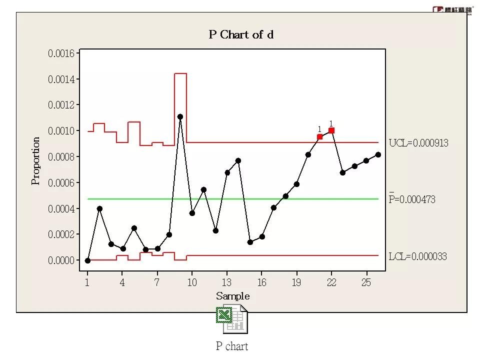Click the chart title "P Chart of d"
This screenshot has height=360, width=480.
(x=241, y=35)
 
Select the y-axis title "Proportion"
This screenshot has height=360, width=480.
(x=36, y=161)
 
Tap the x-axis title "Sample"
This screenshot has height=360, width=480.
(x=232, y=296)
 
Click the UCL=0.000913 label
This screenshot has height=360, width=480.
(x=418, y=143)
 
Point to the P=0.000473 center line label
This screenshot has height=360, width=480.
(x=412, y=199)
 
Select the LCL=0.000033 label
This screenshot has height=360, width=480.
(x=417, y=256)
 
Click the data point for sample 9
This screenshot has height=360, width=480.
(x=180, y=116)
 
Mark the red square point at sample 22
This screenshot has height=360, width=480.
(x=331, y=130)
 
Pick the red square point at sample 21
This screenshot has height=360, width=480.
(x=320, y=136)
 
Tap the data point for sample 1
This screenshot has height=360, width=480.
(x=87, y=260)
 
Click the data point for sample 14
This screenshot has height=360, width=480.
(x=238, y=160)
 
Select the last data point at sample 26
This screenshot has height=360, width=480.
(x=378, y=154)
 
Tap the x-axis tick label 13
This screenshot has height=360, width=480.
(x=227, y=282)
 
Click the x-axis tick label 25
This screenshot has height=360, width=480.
(x=366, y=282)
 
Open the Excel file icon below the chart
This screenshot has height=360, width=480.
(x=232, y=319)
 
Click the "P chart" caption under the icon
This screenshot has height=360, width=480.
(x=232, y=346)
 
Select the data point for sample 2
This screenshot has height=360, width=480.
(x=99, y=208)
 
